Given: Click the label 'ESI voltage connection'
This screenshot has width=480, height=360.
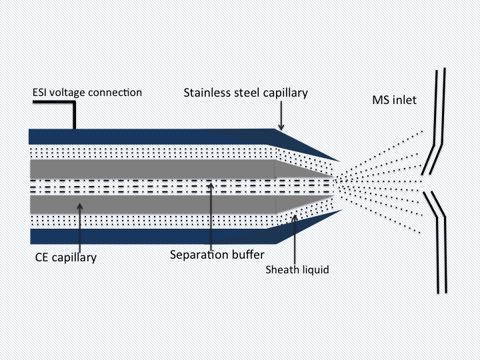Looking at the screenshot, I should tap(87, 92).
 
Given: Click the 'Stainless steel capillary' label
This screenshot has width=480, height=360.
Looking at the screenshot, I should tap(245, 93).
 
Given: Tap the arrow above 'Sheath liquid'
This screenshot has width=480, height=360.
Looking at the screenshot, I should tap(294, 233).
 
